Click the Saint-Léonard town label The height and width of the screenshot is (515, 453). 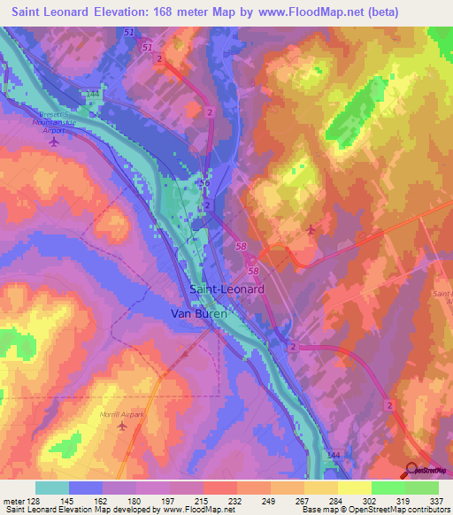click(x=226, y=289)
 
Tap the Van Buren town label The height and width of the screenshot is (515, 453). click(x=199, y=313)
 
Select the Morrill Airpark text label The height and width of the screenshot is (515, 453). click(x=122, y=414)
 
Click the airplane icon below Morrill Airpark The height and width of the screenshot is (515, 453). click(x=122, y=427)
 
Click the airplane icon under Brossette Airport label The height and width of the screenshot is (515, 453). click(x=56, y=141)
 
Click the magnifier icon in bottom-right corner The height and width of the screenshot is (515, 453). click(x=413, y=470)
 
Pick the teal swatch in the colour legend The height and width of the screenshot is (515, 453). click(x=52, y=487)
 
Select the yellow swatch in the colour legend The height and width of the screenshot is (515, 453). click(x=355, y=487)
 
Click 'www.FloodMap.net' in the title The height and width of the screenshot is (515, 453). click(x=316, y=12)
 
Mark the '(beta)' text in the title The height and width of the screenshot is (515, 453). click(x=383, y=12)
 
